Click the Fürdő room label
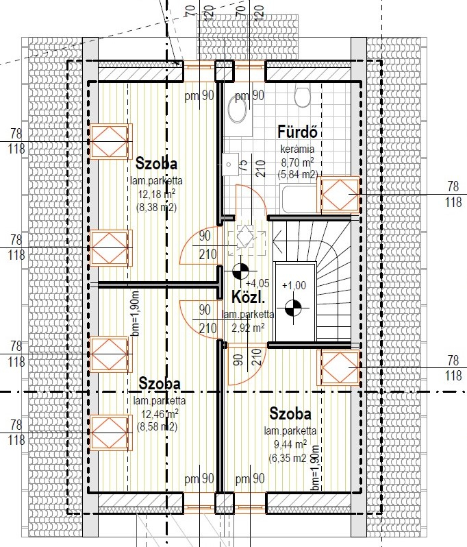[297, 132]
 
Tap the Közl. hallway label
[249, 297]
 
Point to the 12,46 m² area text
[160, 414]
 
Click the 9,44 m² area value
[290, 444]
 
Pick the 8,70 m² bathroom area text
[297, 162]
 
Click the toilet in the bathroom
[302, 95]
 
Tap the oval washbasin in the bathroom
[238, 109]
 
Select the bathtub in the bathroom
[301, 199]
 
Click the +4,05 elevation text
[257, 283]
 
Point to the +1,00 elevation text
[294, 285]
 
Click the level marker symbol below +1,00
[294, 308]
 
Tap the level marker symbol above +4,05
[241, 271]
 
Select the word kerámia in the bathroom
[297, 149]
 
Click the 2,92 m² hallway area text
[248, 328]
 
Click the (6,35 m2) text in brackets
[288, 457]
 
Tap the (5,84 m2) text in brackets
[298, 173]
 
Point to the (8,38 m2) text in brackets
[157, 207]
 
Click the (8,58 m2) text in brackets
[157, 426]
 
